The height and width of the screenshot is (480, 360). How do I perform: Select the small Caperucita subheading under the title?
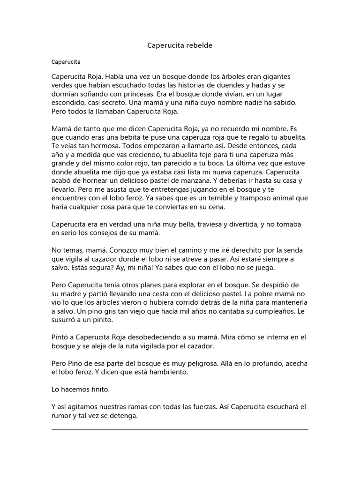66,61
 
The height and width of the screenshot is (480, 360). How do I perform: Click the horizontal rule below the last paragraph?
180,429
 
